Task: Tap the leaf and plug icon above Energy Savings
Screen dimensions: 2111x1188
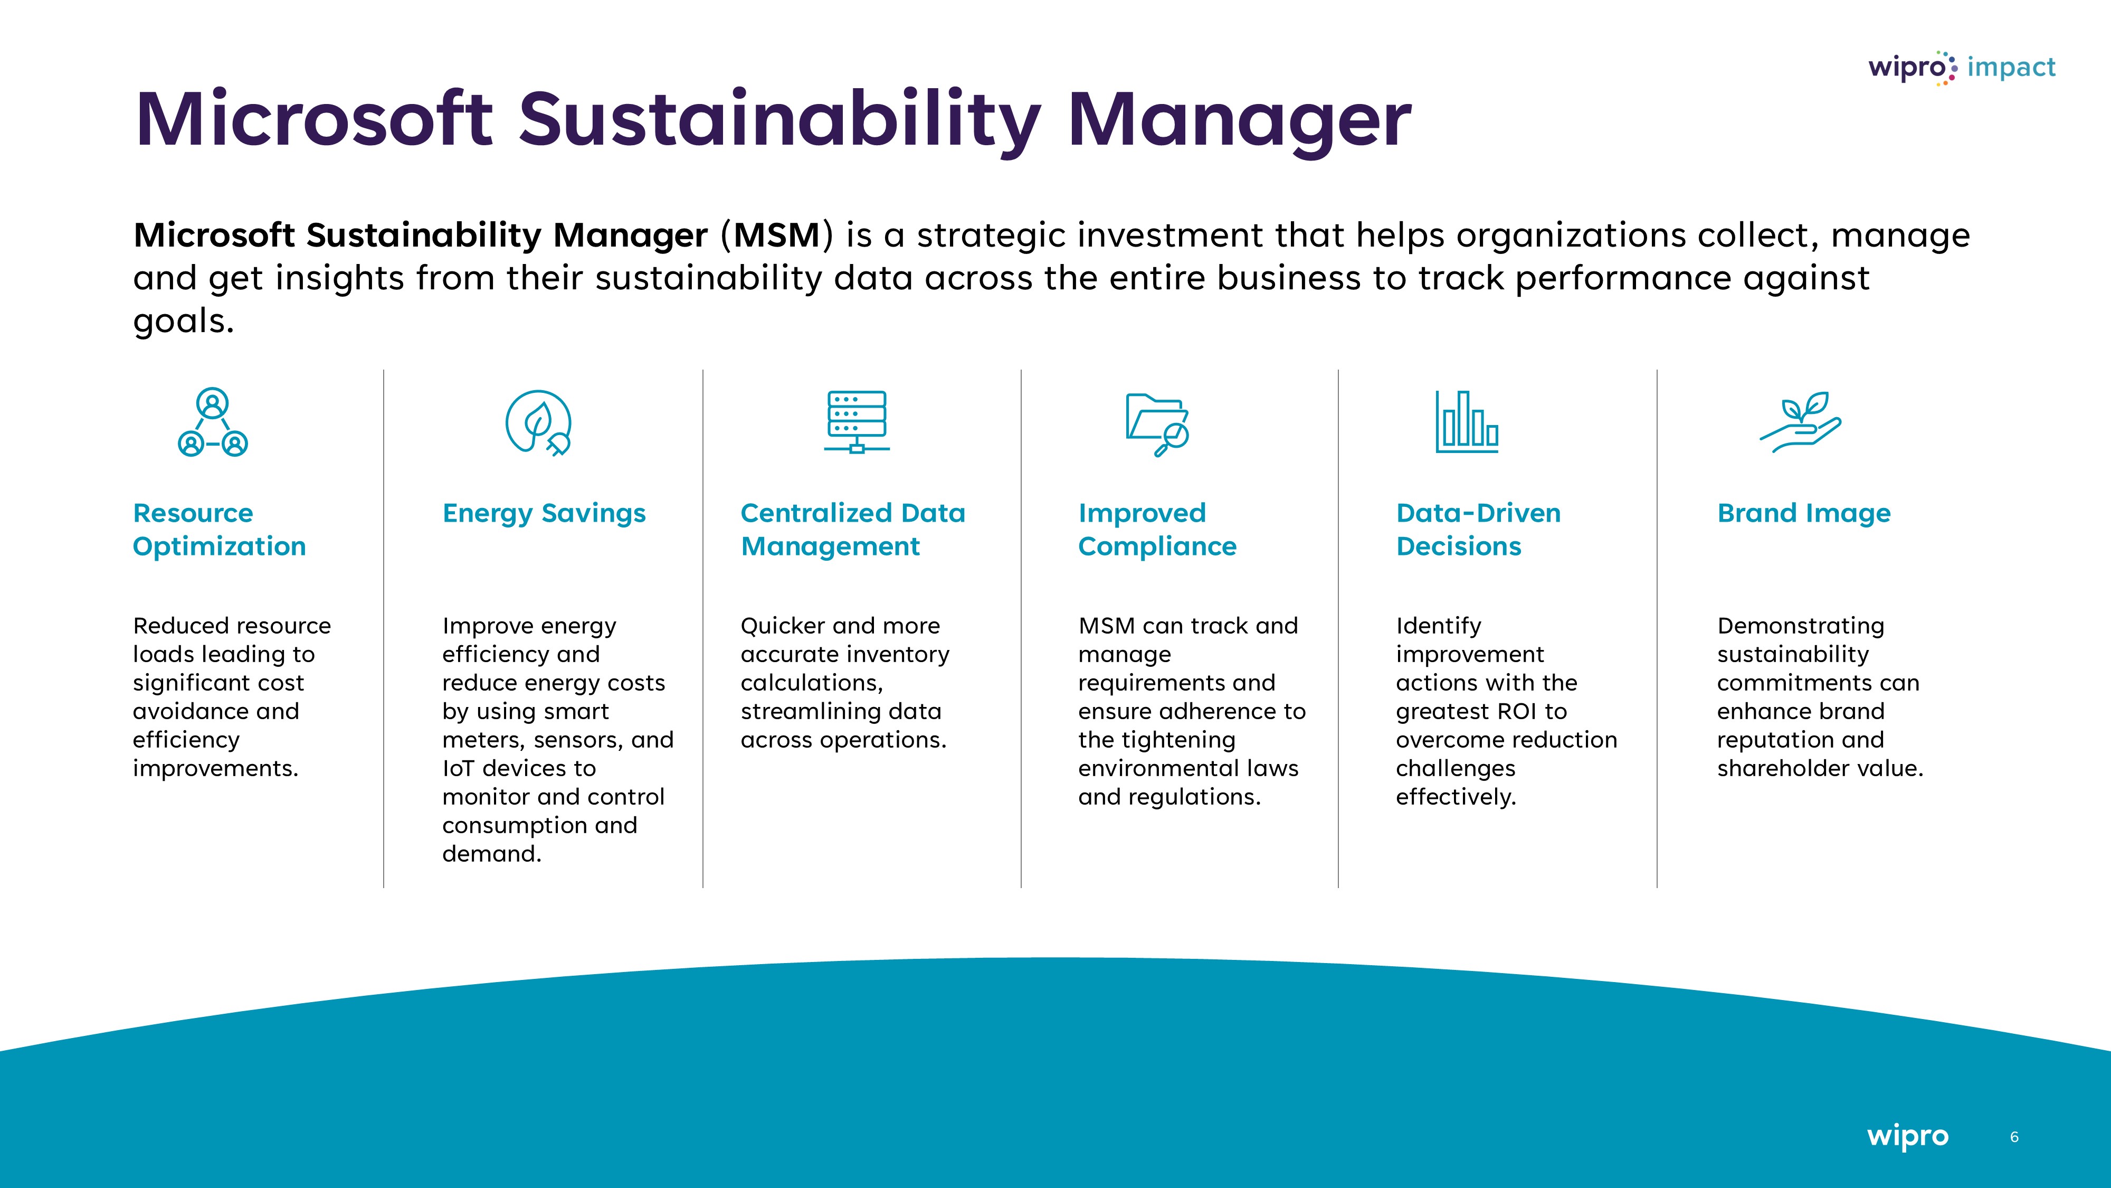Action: click(538, 422)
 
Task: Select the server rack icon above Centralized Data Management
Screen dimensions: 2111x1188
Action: click(857, 421)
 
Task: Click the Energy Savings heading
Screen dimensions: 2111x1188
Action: click(544, 513)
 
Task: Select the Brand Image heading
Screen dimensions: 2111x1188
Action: click(1804, 513)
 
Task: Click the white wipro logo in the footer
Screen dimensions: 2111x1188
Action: click(1908, 1136)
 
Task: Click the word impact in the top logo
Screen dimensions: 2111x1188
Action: click(2011, 67)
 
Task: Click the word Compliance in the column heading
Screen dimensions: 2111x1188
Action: click(1157, 547)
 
